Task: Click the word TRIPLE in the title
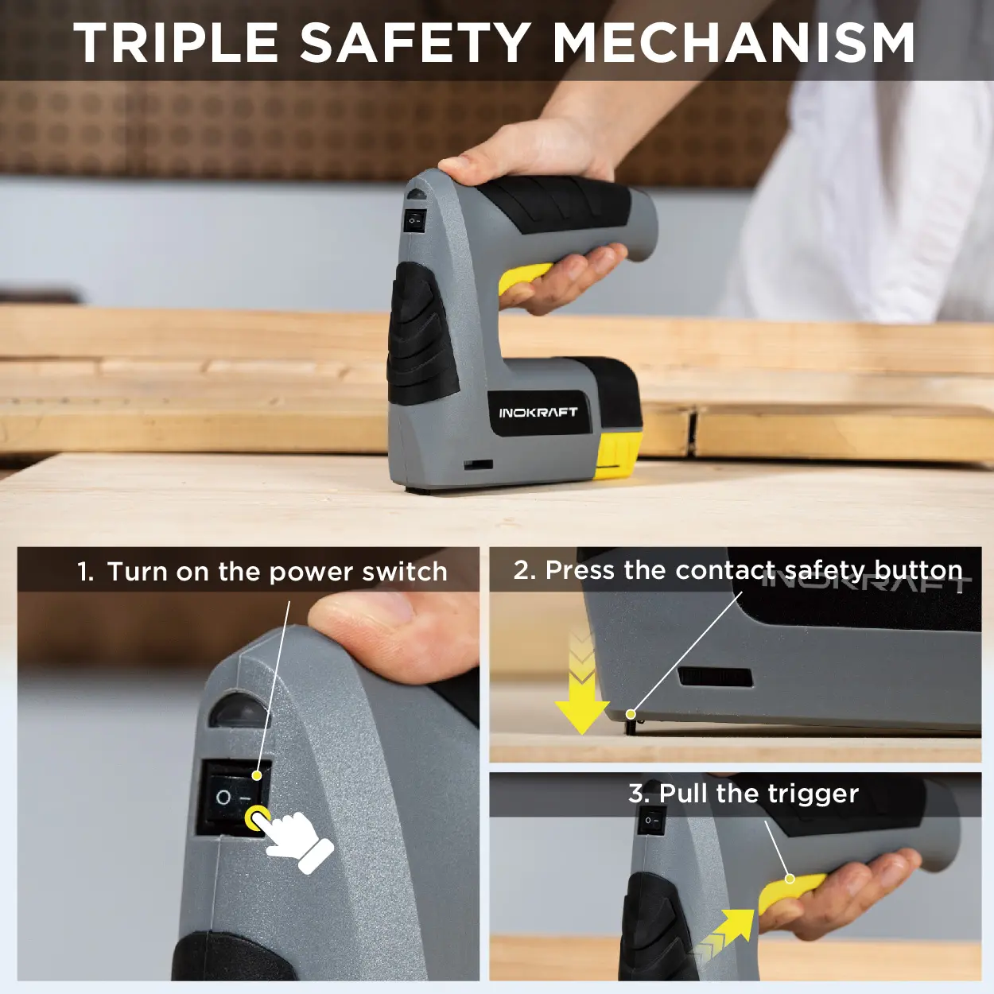(x=177, y=42)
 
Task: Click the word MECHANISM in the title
(x=734, y=42)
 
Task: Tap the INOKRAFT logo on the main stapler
(x=538, y=412)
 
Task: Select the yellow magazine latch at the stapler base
(x=619, y=455)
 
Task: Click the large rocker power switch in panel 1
(x=235, y=797)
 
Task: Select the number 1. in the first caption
(x=86, y=572)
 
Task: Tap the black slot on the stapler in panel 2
(x=714, y=678)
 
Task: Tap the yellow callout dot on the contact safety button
(x=631, y=714)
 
